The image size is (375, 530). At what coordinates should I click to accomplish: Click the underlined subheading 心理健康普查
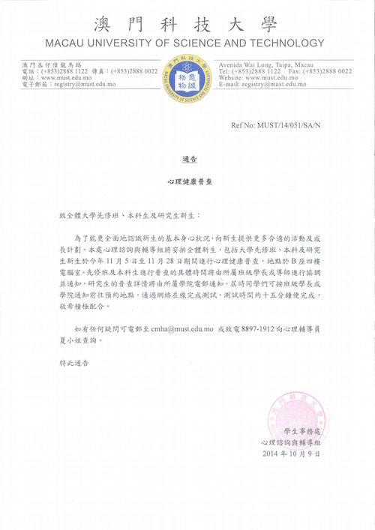point(188,182)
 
